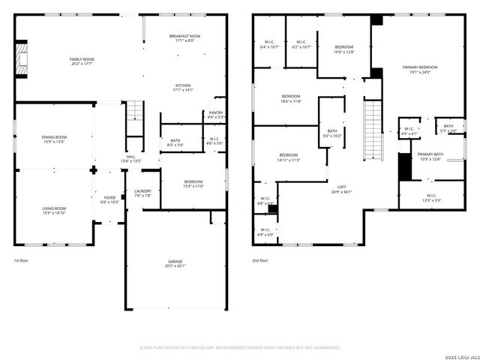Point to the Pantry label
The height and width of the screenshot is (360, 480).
tap(215, 115)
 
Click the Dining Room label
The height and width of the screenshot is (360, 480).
tap(54, 139)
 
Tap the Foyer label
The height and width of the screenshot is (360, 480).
tap(109, 200)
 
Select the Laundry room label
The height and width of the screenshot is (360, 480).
tap(142, 193)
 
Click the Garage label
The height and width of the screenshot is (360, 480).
tap(175, 263)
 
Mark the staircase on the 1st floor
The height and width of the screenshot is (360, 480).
tap(133, 112)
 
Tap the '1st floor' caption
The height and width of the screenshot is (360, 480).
tap(21, 260)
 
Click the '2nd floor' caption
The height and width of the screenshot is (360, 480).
tap(260, 260)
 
